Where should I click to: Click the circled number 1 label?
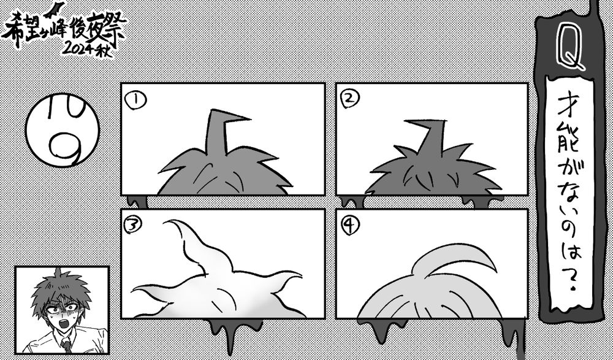pos(135,100)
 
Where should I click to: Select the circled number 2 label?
pos(350,98)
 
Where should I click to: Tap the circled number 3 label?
pos(132,224)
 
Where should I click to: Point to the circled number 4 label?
pos(350,226)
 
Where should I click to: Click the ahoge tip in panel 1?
pos(250,118)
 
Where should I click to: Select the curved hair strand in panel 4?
pos(457,258)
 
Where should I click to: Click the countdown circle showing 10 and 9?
pos(63,130)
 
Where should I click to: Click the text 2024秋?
pos(87,48)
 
